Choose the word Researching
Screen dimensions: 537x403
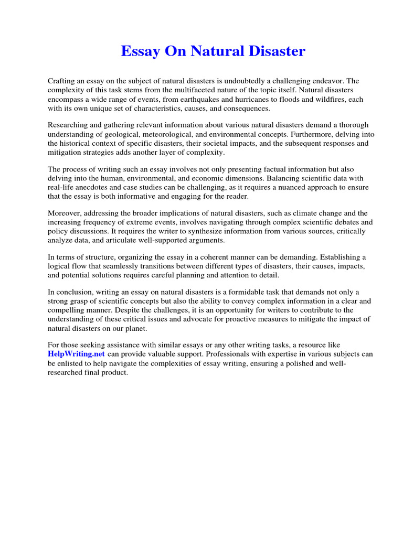pyautogui.click(x=68, y=125)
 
